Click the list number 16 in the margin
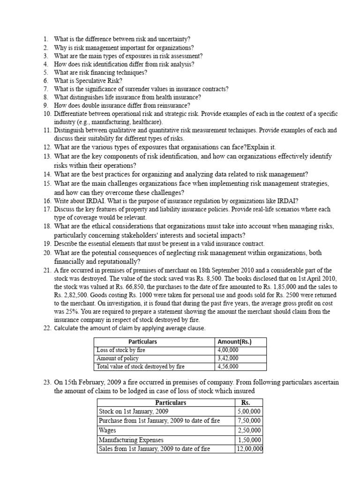point(47,201)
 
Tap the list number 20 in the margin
point(47,253)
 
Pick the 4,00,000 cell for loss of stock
point(228,350)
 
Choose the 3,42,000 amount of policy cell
point(228,358)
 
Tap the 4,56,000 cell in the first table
point(228,367)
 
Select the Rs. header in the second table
point(246,402)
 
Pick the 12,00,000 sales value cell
point(249,449)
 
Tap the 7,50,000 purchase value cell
point(249,420)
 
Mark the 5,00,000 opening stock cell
point(249,411)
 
